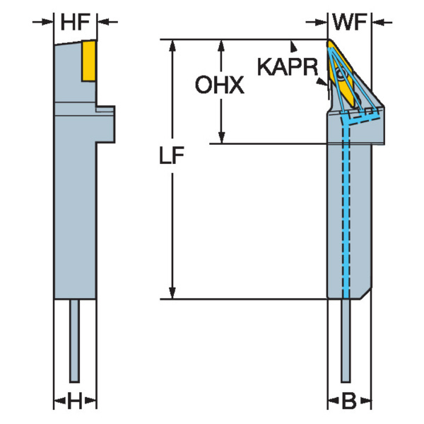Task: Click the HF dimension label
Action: click(x=76, y=23)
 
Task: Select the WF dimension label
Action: click(x=351, y=23)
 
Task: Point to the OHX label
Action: click(x=219, y=87)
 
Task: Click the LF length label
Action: click(x=172, y=160)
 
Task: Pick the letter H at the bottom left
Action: click(x=75, y=403)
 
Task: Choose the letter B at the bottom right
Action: click(x=349, y=403)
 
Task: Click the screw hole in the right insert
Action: click(x=341, y=73)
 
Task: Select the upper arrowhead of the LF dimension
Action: click(x=172, y=45)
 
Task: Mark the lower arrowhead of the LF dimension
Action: click(x=172, y=291)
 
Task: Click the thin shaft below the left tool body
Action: click(x=75, y=339)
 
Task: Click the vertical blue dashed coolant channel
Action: click(x=346, y=212)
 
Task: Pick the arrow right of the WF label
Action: click(x=383, y=23)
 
